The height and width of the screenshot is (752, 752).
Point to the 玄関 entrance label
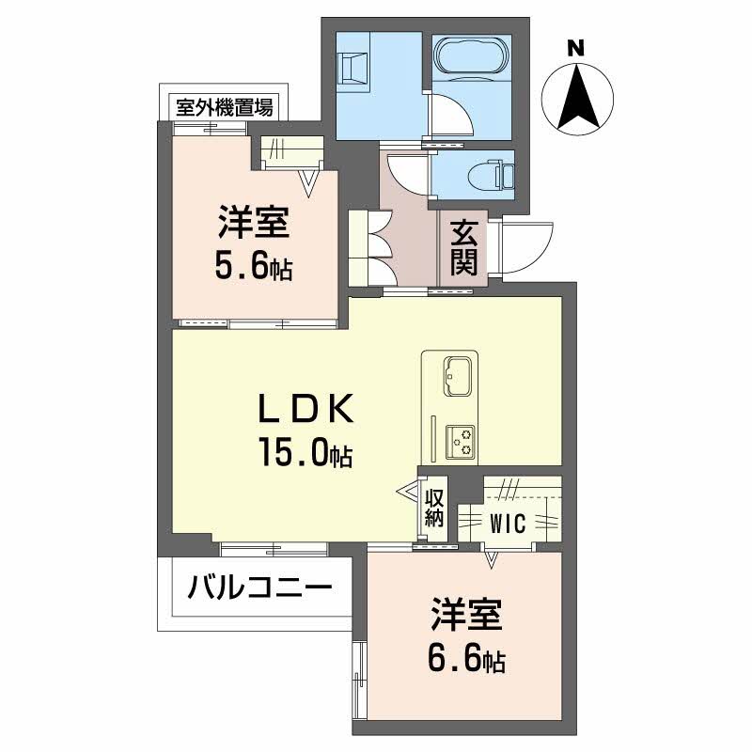(462, 247)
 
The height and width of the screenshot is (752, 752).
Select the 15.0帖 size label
(306, 454)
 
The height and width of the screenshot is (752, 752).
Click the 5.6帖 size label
(253, 267)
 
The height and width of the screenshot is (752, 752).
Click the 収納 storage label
(433, 508)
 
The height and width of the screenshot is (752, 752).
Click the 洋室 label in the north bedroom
(253, 226)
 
